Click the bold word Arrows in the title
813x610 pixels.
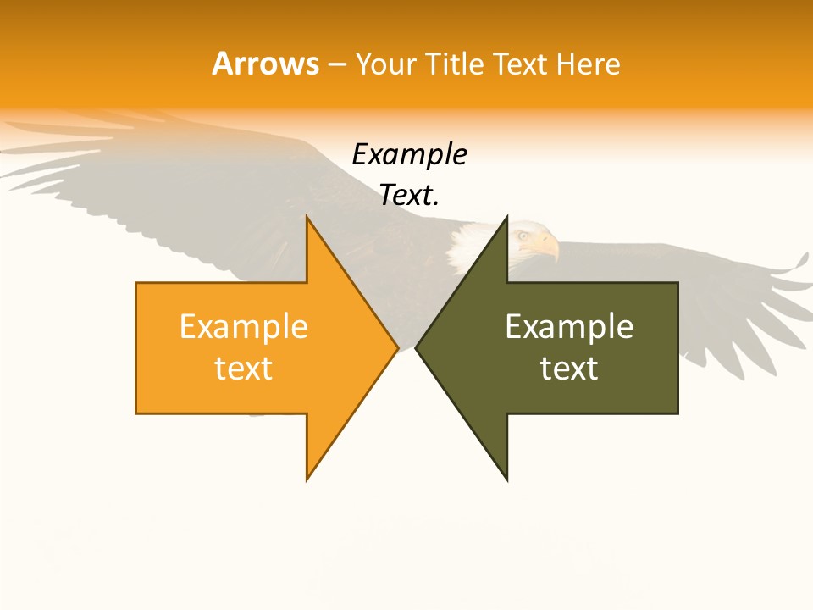[x=266, y=64]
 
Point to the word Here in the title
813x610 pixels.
[x=589, y=64]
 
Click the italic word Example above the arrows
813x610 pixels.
[x=410, y=155]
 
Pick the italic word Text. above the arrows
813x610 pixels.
[x=410, y=196]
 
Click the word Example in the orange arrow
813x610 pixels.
[x=244, y=327]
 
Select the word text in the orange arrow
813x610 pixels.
[x=244, y=369]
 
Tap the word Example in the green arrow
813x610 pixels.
[x=569, y=327]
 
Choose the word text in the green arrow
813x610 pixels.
[x=569, y=369]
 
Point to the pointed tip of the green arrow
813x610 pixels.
[x=417, y=347]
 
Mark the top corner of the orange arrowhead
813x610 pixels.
[x=307, y=217]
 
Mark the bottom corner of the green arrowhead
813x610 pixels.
[x=506, y=480]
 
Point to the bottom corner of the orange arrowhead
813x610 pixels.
[x=307, y=480]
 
